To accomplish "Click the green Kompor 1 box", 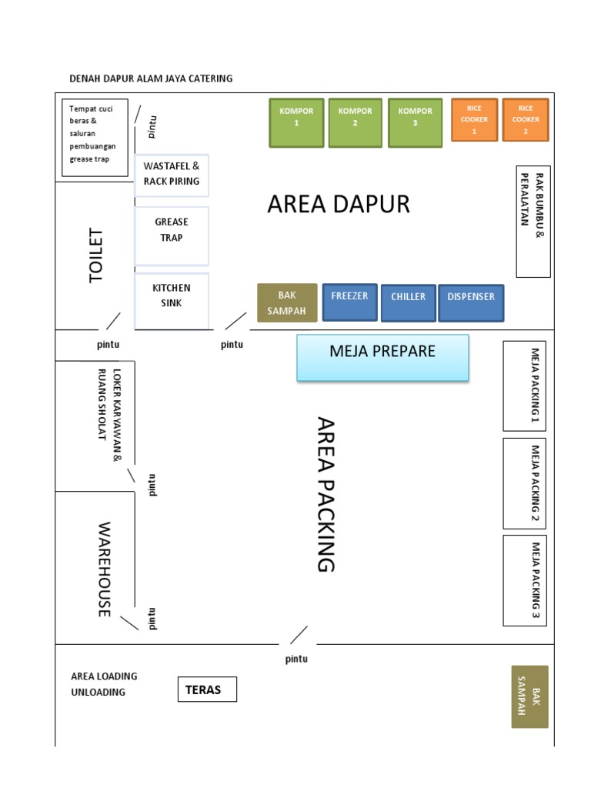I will click(296, 122).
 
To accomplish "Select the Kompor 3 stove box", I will click(415, 122).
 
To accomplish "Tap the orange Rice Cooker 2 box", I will click(526, 120).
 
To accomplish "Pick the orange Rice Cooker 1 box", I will click(473, 120).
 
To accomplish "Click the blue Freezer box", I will click(349, 302).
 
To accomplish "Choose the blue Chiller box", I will click(408, 302).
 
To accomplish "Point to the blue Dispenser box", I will click(471, 302).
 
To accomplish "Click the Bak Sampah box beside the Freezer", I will click(286, 303).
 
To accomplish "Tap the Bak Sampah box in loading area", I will click(529, 696).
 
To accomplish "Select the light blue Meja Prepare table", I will click(382, 358).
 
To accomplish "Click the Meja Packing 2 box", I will click(525, 483).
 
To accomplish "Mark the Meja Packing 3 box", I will click(525, 580).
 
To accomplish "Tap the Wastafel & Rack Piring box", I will click(172, 175).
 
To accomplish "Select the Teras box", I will click(207, 689).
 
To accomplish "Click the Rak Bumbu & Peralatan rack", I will click(533, 222).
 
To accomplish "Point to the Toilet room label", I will click(96, 255).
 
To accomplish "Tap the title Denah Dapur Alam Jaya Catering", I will click(151, 78).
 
